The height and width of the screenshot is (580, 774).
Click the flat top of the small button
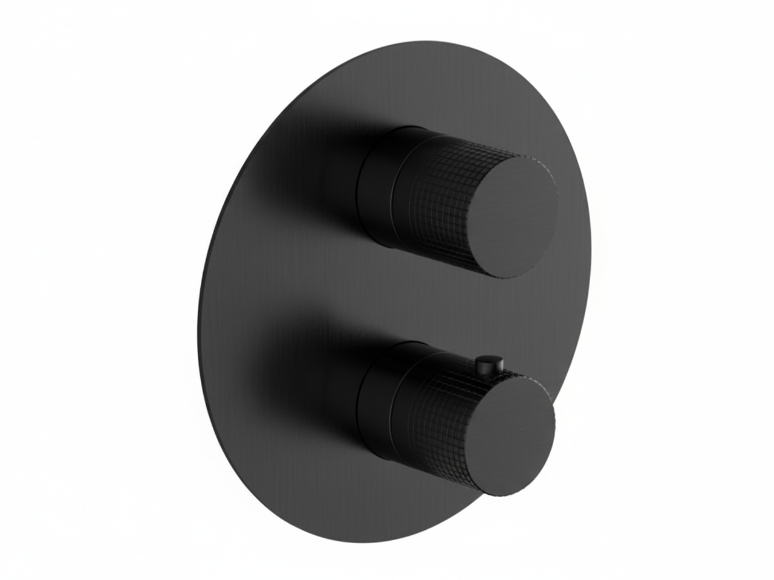[x=489, y=360]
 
